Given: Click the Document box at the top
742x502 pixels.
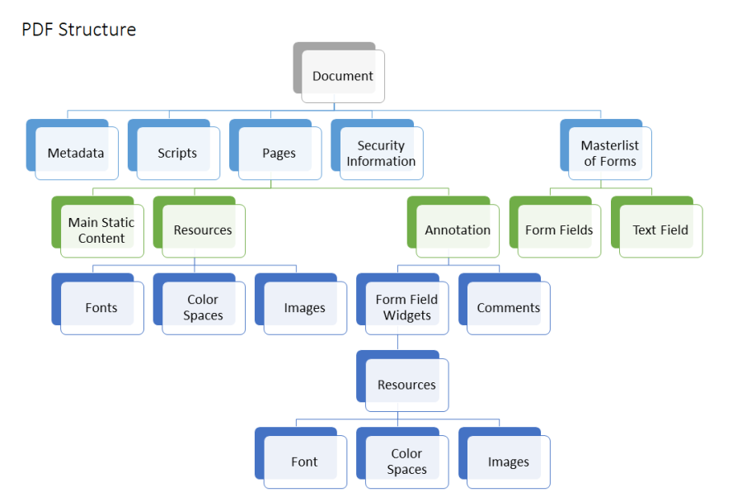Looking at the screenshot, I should pos(343,76).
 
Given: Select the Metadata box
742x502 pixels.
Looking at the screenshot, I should pos(76,153).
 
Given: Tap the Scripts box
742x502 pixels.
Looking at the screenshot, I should pos(177,153).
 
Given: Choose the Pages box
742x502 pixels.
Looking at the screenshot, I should pos(279,153).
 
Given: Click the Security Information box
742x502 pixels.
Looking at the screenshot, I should pos(381,153).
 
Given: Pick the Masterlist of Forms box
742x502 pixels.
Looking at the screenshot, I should pos(610,153).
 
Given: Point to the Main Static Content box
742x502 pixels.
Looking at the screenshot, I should pos(101,230).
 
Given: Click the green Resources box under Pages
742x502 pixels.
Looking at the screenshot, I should pos(203,230).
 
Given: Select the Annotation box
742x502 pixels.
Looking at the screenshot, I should pos(458,230).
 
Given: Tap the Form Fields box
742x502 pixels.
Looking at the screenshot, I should pos(559,230).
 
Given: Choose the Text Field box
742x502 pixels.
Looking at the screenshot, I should pos(660,230).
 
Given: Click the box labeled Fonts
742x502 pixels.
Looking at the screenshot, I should pos(101,308).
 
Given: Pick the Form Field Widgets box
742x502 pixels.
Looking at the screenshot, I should pos(406,307).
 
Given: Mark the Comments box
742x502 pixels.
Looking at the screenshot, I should pos(509,308).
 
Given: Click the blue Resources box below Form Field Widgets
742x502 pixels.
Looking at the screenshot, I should pos(406,385).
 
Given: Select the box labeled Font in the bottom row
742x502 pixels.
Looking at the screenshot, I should pos(304,462).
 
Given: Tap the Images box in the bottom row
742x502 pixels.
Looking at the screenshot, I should pos(509,462).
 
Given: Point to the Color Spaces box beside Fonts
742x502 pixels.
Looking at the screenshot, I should pos(203,307).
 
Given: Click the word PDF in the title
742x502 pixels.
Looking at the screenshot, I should pos(37,30).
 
